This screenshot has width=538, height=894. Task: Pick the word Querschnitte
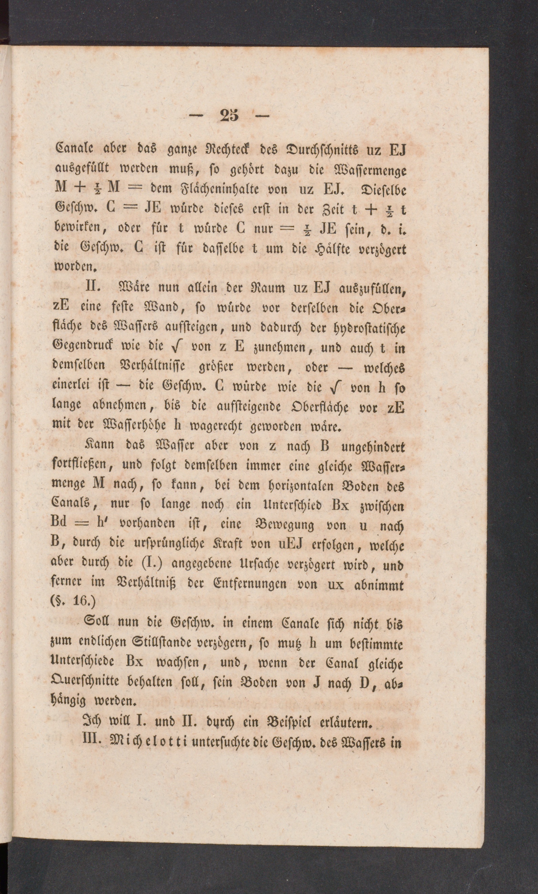86,683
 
